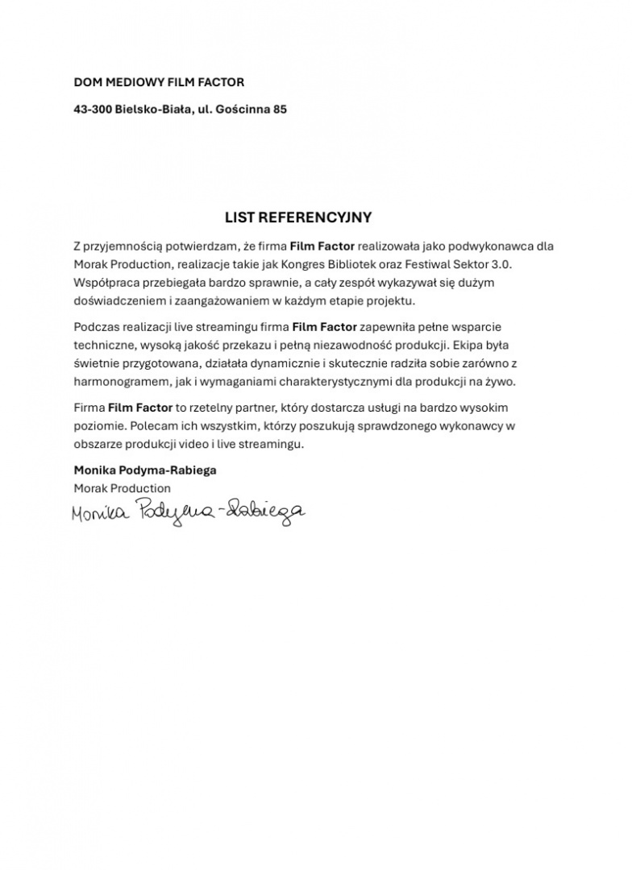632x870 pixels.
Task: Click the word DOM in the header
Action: [86, 82]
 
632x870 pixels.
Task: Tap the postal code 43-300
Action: [92, 109]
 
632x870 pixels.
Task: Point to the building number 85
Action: [280, 109]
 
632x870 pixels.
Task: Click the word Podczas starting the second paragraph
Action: [96, 328]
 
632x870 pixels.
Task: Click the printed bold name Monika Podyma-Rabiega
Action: [145, 470]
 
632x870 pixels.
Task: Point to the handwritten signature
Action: [188, 510]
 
